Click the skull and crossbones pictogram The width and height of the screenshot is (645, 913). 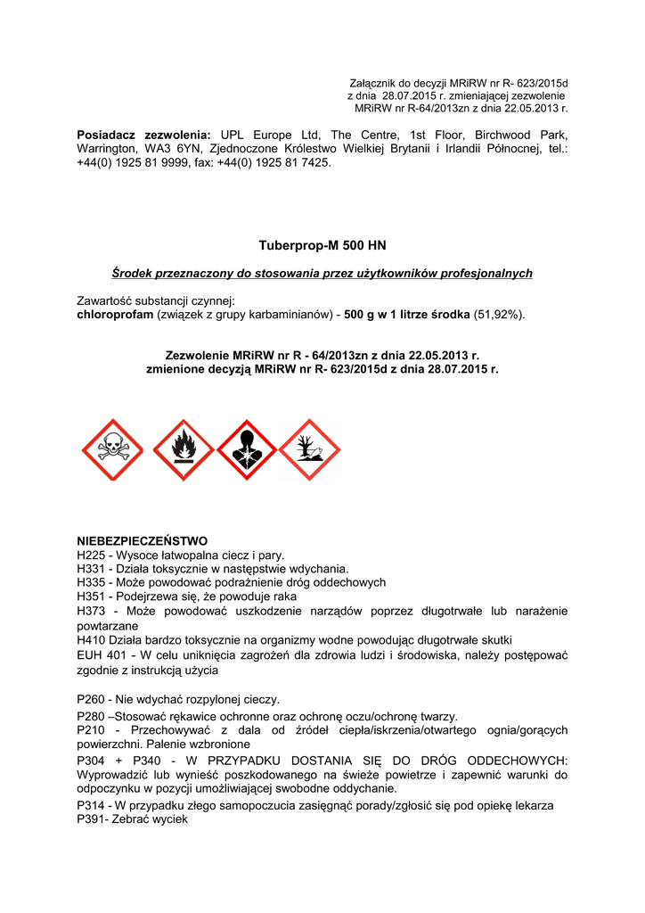click(113, 449)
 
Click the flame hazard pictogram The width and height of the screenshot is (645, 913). click(183, 449)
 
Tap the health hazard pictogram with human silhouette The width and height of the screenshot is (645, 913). click(247, 449)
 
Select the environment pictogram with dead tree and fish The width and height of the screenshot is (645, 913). click(309, 449)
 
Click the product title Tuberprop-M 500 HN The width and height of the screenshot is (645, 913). click(322, 245)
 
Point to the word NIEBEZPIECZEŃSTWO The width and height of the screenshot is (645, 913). click(143, 540)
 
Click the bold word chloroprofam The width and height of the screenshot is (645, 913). click(115, 315)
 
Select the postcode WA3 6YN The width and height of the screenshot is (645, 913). click(168, 148)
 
